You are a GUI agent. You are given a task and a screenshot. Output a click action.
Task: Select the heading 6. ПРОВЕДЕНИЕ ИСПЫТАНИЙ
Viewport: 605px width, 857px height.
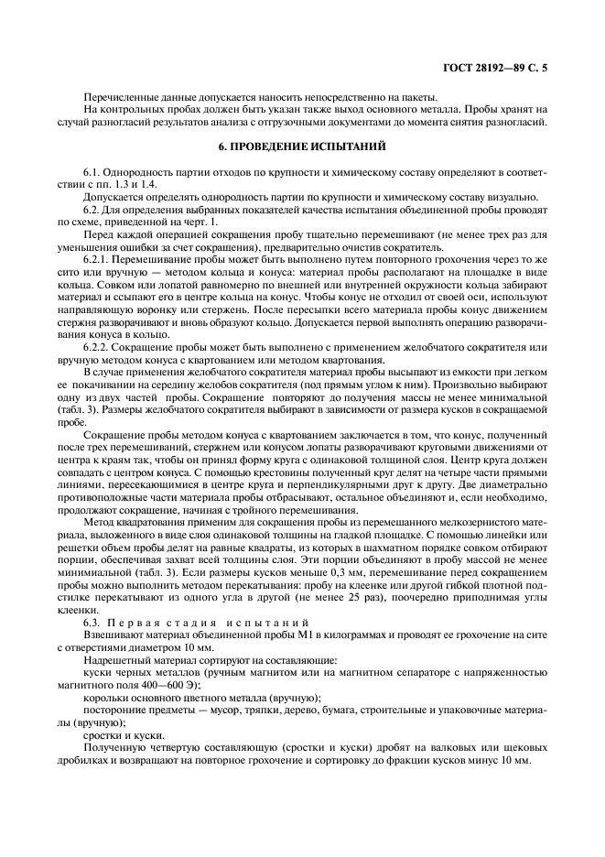[302, 146]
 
